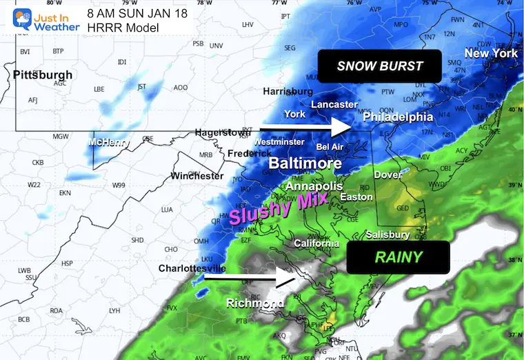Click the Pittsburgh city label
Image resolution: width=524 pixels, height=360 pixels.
coord(43,74)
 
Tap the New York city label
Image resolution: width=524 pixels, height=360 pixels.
coord(491,54)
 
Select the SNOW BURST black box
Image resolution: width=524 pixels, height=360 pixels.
coord(379,66)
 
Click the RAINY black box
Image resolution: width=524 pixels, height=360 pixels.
coord(399,257)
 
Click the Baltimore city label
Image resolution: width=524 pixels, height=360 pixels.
coord(305,164)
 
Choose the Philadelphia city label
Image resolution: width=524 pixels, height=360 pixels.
coord(399,117)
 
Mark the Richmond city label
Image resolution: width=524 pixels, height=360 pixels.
coord(255,303)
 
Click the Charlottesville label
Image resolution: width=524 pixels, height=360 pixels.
coord(192,268)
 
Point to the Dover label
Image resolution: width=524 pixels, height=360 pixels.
coord(387,175)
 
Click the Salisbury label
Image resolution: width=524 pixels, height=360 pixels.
coord(388,234)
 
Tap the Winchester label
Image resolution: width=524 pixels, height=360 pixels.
coord(198,176)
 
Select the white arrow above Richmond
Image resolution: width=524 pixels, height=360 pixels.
coord(248,279)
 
